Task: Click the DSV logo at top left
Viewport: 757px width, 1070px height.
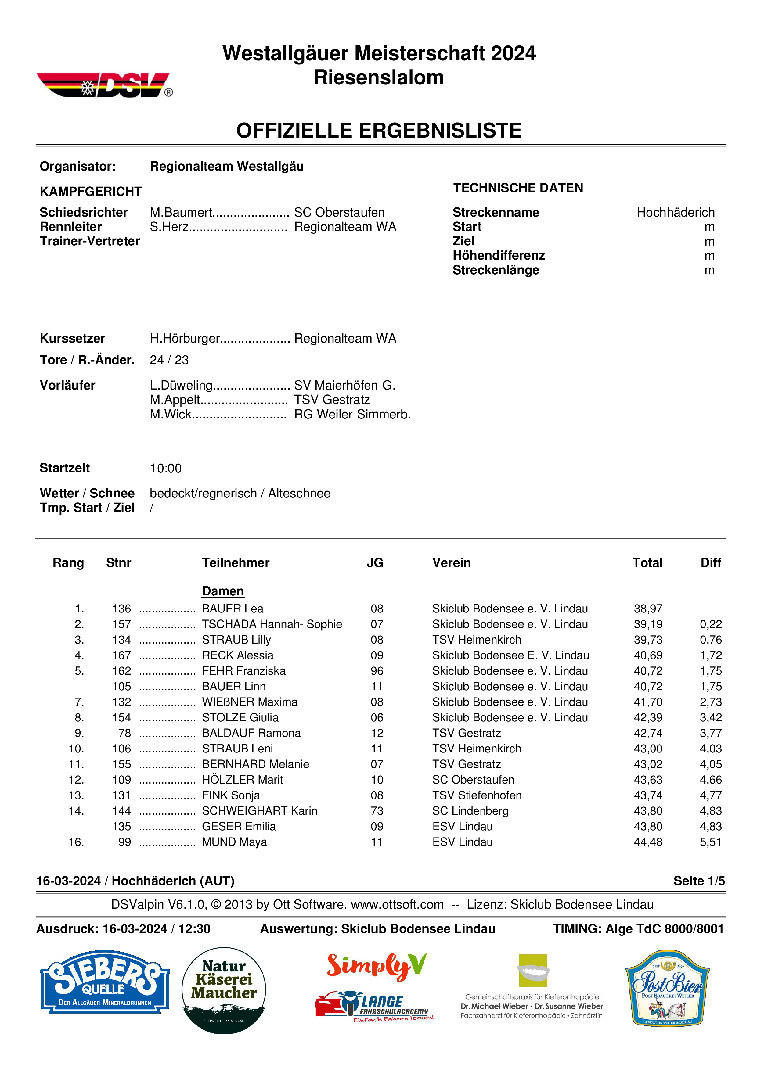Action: coord(103,85)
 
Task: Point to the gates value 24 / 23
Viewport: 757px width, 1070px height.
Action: coord(169,360)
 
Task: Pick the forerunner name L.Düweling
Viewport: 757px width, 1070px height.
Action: coord(181,386)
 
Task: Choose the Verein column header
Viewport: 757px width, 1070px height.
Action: coord(451,563)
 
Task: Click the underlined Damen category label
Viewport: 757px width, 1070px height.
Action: coord(223,591)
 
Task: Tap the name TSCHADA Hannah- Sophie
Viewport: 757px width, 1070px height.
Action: coord(272,624)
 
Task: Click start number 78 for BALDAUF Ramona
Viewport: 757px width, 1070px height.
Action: coord(124,733)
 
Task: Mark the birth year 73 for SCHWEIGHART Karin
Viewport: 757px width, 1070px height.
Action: coord(377,811)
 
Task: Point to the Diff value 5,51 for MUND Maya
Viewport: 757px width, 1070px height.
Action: coord(710,842)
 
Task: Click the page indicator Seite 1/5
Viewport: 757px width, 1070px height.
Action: coord(699,881)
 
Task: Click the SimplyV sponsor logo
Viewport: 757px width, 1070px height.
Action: coord(376,966)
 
